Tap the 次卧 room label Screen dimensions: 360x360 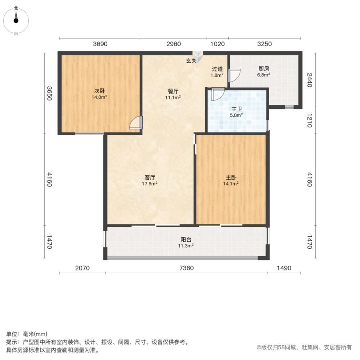pyautogui.click(x=100, y=91)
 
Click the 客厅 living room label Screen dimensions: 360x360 pyautogui.click(x=150, y=177)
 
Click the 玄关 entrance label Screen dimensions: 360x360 pyautogui.click(x=191, y=61)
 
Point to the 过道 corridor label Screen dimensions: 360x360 pyautogui.click(x=217, y=69)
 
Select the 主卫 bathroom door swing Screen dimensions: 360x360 pyautogui.click(x=218, y=94)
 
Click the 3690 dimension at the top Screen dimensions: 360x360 pyautogui.click(x=100, y=44)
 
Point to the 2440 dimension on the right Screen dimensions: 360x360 pyautogui.click(x=309, y=79)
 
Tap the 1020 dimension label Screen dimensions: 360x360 pyautogui.click(x=217, y=44)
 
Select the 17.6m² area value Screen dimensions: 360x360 pyautogui.click(x=150, y=184)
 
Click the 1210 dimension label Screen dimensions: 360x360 pyautogui.click(x=309, y=120)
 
